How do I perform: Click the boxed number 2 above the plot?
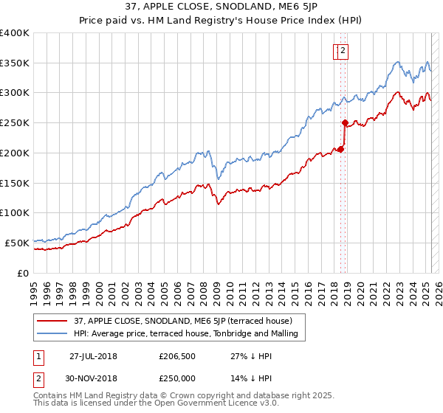point(344,51)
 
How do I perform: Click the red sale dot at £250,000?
point(345,123)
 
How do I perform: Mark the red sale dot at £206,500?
point(340,149)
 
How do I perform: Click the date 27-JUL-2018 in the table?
point(93,355)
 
